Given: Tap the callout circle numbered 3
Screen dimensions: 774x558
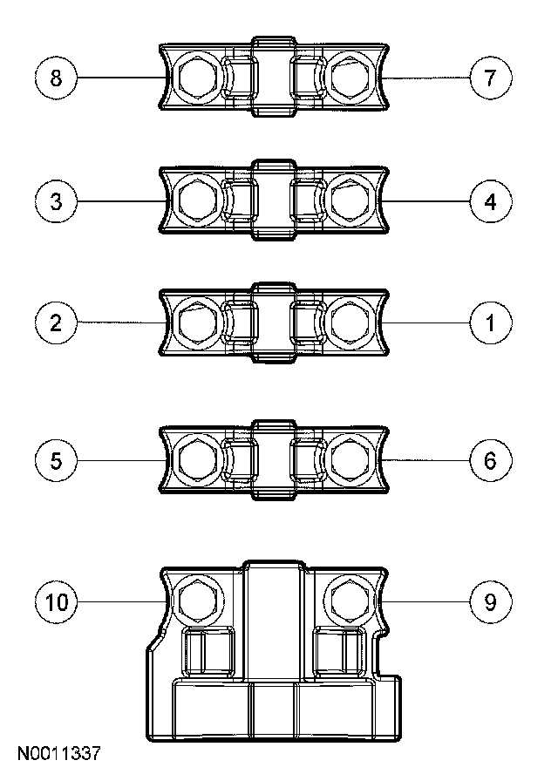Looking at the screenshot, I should click(57, 202).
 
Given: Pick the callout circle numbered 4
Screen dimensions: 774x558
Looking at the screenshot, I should click(490, 202).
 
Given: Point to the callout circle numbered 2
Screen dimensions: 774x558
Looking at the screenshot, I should click(57, 323).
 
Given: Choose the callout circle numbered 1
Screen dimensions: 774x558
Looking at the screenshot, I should click(490, 323).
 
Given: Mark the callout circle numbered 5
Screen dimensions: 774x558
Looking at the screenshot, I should click(57, 459).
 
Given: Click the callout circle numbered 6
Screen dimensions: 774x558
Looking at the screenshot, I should click(490, 459).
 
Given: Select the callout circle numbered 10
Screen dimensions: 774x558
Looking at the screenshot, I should click(57, 602).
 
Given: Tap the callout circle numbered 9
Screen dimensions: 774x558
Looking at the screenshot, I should click(490, 602).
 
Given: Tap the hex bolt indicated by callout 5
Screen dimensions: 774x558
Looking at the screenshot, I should click(199, 459).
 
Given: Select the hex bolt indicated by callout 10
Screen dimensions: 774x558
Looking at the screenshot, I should click(199, 601).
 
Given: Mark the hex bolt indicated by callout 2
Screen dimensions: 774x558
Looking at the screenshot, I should click(199, 323).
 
